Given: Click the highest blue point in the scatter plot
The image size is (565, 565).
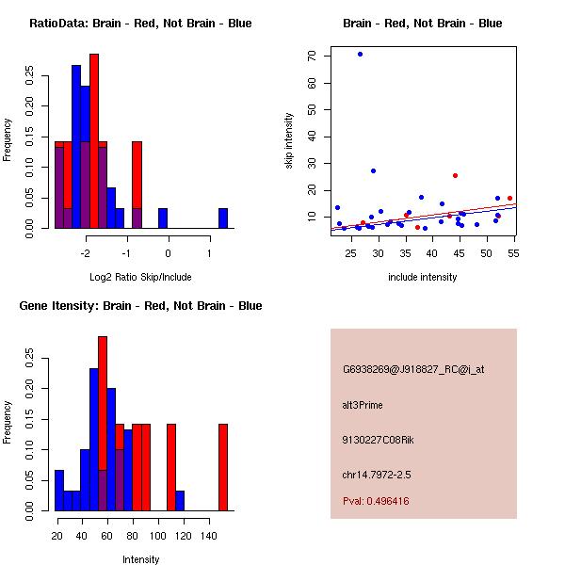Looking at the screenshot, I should (x=360, y=54).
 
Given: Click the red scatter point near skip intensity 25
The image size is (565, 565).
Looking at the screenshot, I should (x=455, y=175).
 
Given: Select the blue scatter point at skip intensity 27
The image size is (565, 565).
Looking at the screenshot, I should (x=373, y=170).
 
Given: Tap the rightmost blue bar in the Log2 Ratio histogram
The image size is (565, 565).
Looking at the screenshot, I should (x=223, y=218).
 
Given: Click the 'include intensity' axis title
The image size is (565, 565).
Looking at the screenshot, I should (x=422, y=277).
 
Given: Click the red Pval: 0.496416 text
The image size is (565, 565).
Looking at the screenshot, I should (x=376, y=501).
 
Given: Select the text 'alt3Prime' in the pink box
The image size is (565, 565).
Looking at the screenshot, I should (x=363, y=405).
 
